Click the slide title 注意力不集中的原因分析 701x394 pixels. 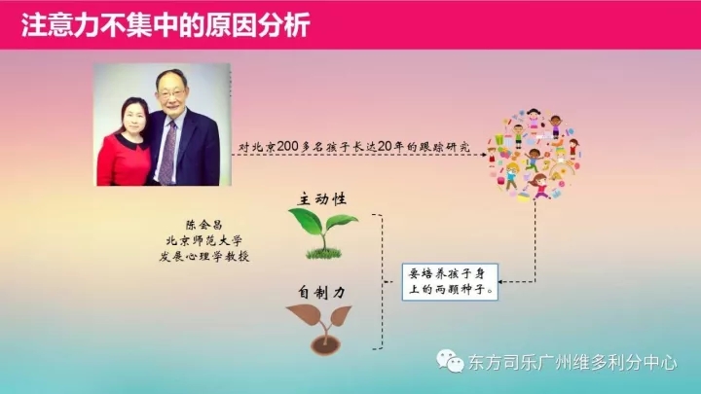tap(166, 25)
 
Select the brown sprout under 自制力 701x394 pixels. tap(321, 330)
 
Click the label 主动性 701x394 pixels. tap(322, 198)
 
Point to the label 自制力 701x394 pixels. tap(322, 292)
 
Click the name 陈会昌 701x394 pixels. tap(203, 225)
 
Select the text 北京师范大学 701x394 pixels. tap(203, 241)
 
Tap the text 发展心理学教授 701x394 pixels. tap(203, 257)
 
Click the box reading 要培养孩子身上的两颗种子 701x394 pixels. tap(450, 282)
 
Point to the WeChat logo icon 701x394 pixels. tap(450, 361)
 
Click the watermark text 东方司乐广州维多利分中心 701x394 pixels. tap(572, 362)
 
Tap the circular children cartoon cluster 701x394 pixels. tap(534, 154)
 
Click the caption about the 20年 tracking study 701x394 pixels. tap(353, 147)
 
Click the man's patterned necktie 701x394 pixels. tap(168, 152)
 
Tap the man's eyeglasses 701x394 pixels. tap(172, 94)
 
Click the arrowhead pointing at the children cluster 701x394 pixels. tap(484, 155)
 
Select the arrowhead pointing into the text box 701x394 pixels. tap(501, 282)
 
